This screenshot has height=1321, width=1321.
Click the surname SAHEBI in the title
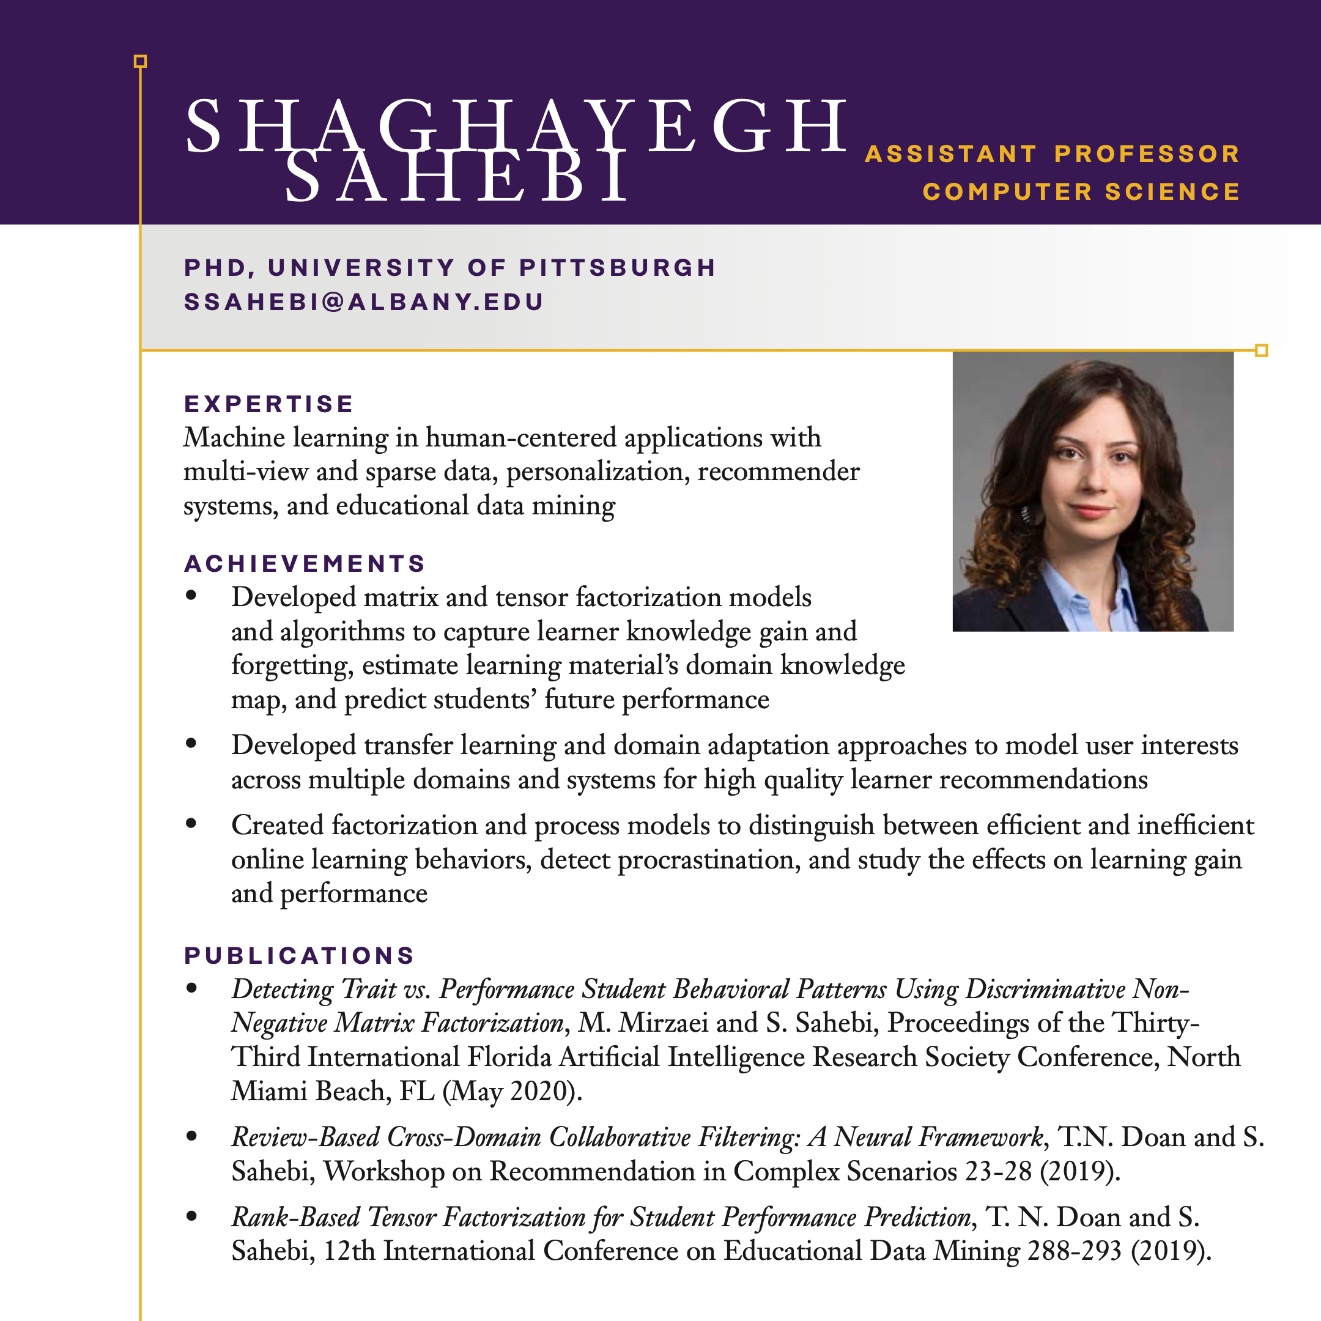point(457,178)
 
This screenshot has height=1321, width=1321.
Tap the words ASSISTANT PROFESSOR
point(1053,154)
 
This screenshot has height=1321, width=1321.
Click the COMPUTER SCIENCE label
point(1082,192)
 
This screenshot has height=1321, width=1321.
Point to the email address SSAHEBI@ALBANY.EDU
point(364,302)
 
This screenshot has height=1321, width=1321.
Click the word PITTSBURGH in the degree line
point(618,267)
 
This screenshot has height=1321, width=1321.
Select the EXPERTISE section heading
point(268,404)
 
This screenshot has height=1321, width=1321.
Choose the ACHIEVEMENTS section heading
point(305,563)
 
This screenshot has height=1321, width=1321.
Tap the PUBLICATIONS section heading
point(300,955)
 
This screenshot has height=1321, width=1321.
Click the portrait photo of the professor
point(1093,491)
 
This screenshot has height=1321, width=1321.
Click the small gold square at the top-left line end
point(140,62)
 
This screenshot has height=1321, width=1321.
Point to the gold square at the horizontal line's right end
point(1262,351)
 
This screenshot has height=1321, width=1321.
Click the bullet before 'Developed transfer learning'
point(191,743)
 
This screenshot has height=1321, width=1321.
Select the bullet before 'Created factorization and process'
point(191,823)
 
